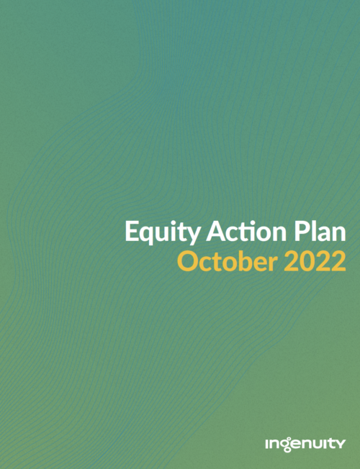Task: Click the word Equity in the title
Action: click(163, 232)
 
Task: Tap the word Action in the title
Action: click(246, 231)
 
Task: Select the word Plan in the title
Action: click(320, 231)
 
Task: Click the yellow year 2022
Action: click(315, 261)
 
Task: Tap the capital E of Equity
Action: click(131, 231)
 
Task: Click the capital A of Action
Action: click(215, 231)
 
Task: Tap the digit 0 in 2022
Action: click(307, 261)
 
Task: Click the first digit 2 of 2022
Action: click(291, 261)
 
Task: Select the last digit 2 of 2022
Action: click(338, 261)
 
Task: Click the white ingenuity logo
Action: click(305, 444)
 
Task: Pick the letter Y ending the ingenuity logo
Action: click(341, 444)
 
